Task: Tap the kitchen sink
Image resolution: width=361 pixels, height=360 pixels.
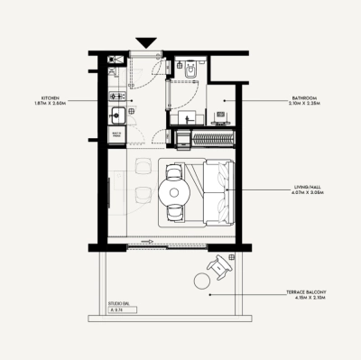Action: tap(116, 115)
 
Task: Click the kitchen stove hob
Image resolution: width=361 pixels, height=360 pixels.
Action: tap(116, 95)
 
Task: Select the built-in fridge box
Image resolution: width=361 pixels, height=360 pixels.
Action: tap(116, 135)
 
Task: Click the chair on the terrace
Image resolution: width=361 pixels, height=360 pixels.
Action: tap(218, 266)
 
